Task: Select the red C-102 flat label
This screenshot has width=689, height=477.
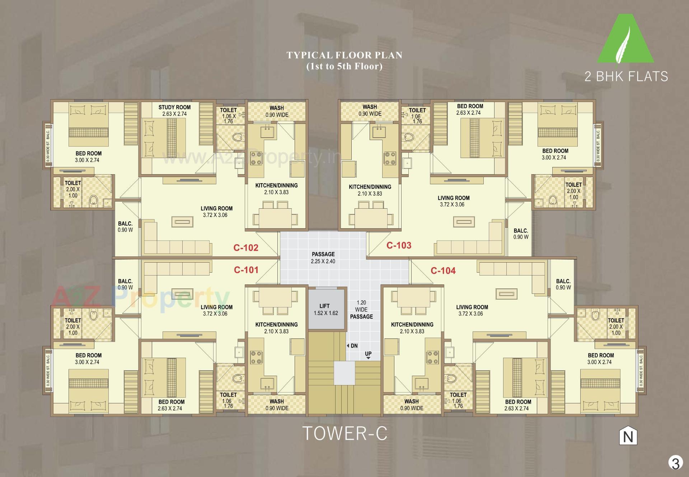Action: point(246,247)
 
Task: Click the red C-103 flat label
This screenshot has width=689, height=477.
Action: point(399,245)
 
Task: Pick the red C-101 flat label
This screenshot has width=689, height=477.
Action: point(246,270)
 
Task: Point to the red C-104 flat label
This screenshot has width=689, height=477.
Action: point(443,270)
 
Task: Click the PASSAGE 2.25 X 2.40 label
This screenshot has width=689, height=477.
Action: point(323,258)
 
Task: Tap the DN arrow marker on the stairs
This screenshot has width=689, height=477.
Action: point(352,346)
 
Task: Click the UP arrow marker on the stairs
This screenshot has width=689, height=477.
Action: point(368,355)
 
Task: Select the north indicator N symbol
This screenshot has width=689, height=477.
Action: point(628,437)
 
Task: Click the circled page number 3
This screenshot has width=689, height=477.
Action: point(675,463)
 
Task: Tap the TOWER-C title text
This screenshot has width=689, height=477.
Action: point(345,433)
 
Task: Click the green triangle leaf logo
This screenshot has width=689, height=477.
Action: point(625,40)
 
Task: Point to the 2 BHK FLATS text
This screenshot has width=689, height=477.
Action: point(626,76)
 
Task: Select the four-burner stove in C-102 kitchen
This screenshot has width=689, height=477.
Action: point(257,158)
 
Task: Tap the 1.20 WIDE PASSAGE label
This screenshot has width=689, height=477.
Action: point(361,310)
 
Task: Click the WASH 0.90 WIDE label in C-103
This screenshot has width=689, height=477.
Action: point(370,110)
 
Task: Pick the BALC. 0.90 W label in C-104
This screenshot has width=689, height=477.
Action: point(563,284)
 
